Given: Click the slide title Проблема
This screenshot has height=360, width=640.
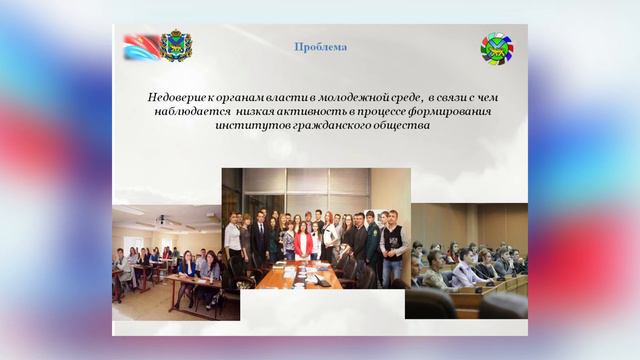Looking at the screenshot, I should pos(321,47).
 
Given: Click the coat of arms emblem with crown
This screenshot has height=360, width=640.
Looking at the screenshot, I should pos(177,45).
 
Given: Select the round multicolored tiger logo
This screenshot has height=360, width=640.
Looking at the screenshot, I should pos(496,47).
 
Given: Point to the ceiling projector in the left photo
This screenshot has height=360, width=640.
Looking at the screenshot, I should pos(162,220).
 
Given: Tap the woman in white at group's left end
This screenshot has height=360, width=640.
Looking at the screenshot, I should pos(233,245).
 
